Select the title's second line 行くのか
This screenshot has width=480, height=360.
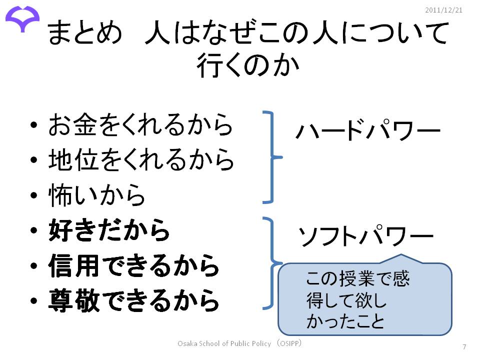247,65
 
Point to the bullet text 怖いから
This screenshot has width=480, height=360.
97,195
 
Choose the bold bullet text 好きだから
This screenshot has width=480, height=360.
109,231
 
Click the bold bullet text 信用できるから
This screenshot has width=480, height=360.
134,266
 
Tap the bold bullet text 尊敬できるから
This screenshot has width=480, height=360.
134,301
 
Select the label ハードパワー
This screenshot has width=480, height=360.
367,131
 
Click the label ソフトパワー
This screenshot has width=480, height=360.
365,237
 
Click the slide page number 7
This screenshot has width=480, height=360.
464,347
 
